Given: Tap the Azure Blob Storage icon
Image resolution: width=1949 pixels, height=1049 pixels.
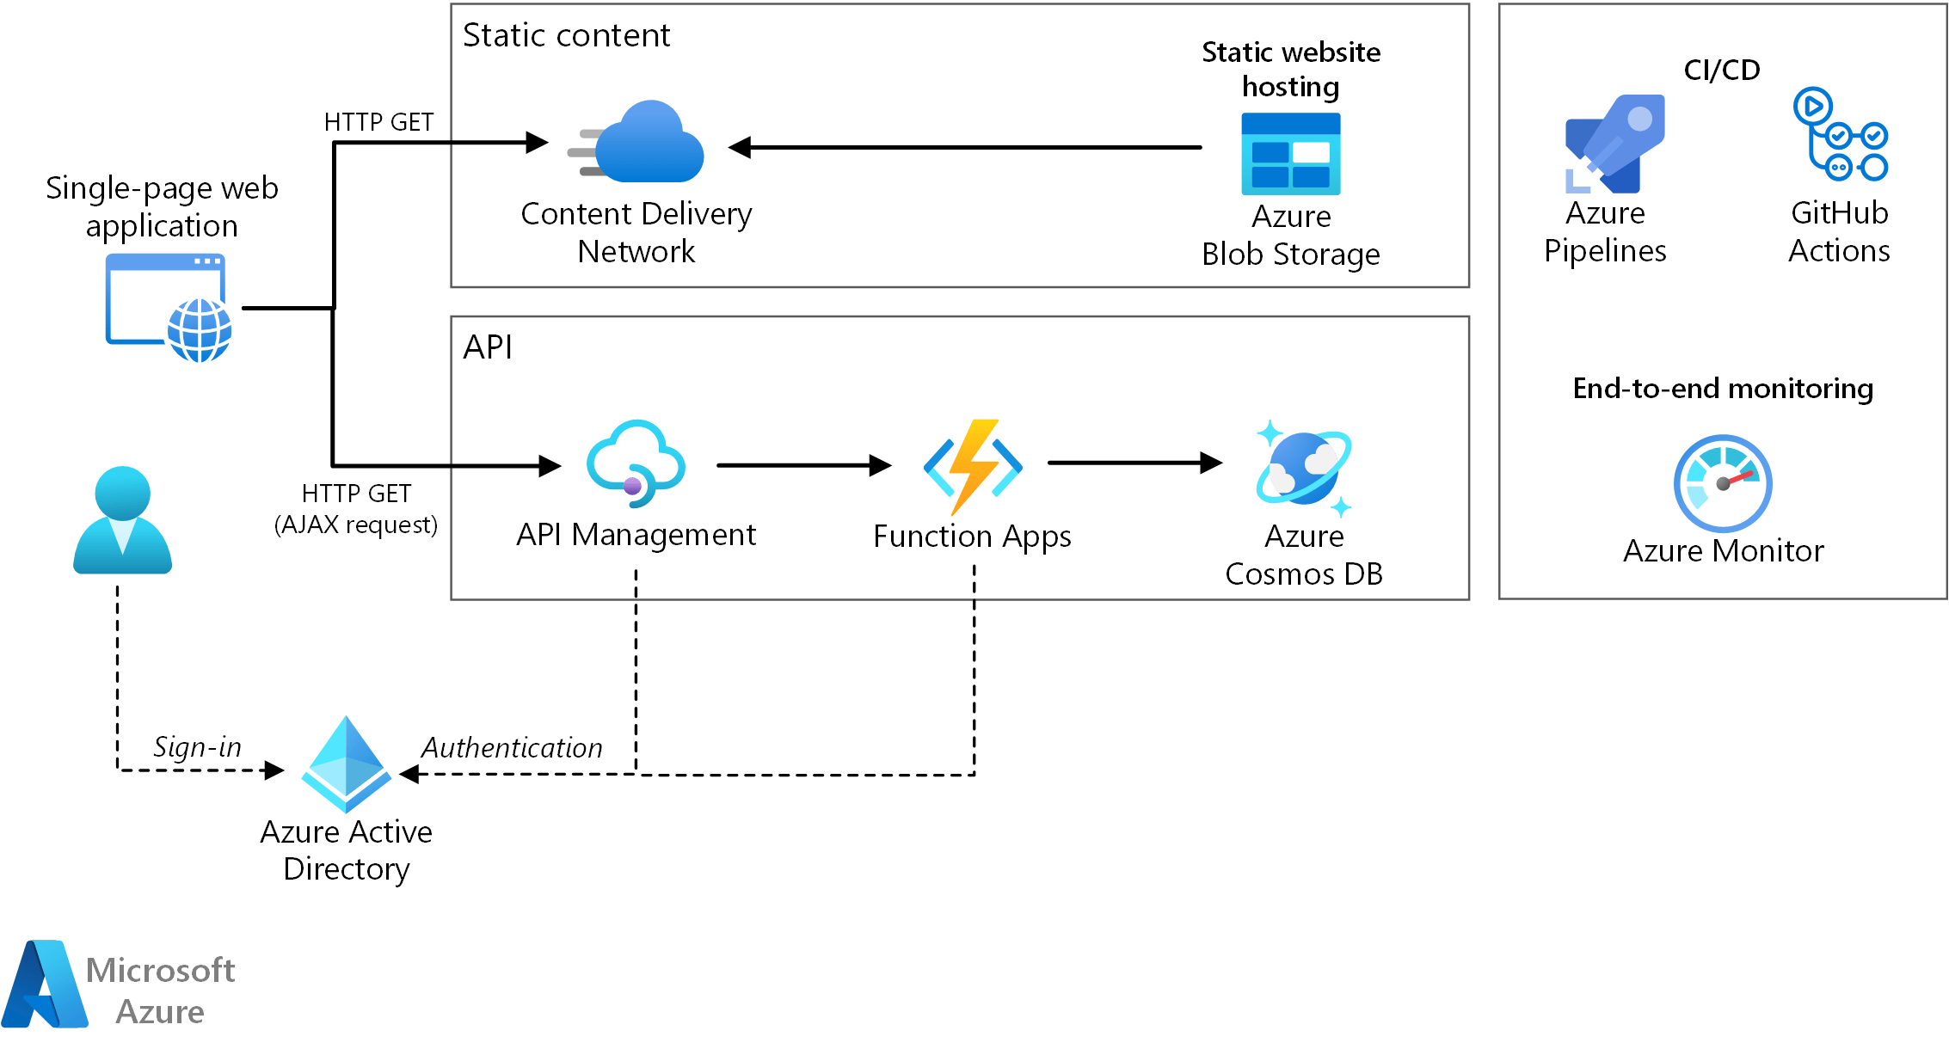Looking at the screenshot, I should click(x=1290, y=154).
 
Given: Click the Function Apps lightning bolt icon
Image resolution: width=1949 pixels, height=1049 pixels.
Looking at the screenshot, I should click(x=973, y=466).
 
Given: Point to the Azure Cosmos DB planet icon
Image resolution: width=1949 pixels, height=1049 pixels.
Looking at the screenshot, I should click(x=1304, y=468).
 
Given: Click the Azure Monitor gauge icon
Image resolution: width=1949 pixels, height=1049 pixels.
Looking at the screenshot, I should click(x=1722, y=483).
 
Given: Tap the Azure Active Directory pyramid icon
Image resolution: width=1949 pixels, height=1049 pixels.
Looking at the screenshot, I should click(x=346, y=764).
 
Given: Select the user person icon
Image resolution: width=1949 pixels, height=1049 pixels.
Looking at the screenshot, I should click(x=122, y=520).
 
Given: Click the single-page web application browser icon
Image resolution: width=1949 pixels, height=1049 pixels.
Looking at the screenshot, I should click(x=169, y=307).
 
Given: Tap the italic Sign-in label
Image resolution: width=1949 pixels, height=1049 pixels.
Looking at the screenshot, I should click(x=197, y=746).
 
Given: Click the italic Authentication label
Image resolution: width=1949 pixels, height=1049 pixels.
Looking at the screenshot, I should click(x=512, y=747).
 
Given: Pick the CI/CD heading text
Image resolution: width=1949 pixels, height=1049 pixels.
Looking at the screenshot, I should click(x=1721, y=70).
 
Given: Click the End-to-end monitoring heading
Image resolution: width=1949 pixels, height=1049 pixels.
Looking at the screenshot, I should click(x=1722, y=389).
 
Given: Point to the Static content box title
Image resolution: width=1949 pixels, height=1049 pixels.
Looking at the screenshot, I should click(x=566, y=35).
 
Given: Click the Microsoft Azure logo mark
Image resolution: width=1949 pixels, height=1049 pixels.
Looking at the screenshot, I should click(x=45, y=985).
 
